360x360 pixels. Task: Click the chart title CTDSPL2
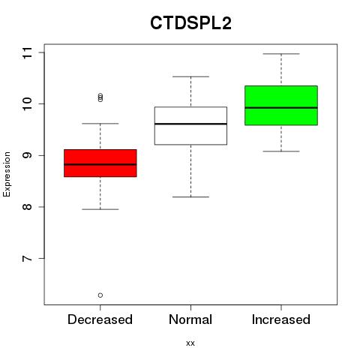[x=190, y=23]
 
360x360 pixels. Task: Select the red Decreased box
[x=100, y=163]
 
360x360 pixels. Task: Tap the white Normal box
[x=190, y=126]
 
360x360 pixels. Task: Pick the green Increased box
[x=281, y=105]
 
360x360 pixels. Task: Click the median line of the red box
[x=100, y=164]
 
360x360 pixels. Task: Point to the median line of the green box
[x=281, y=108]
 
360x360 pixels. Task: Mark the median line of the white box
[x=190, y=124]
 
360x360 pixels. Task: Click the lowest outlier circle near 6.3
[x=100, y=295]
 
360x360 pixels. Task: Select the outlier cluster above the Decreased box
[x=100, y=97]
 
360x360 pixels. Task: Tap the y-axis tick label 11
[x=28, y=52]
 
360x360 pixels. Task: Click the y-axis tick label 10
[x=28, y=103]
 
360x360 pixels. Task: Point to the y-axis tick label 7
[x=28, y=258]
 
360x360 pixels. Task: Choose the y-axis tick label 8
[x=28, y=207]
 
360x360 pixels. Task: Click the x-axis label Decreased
[x=100, y=319]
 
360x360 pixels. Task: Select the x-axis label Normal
[x=190, y=319]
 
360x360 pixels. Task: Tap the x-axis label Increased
[x=281, y=319]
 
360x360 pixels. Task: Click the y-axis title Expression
[x=7, y=174]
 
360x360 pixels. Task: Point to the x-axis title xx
[x=190, y=343]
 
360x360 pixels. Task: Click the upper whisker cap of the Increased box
[x=281, y=54]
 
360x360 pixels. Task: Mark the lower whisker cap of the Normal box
[x=190, y=197]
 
